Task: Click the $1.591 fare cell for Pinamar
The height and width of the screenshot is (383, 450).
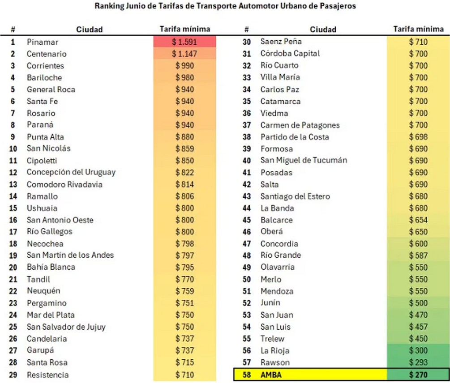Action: [184, 42]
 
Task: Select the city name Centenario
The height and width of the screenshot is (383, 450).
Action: [47, 54]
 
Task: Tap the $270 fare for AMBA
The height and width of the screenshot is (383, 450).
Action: [418, 374]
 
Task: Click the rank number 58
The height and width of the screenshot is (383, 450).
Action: [246, 374]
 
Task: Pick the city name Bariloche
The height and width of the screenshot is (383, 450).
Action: [44, 78]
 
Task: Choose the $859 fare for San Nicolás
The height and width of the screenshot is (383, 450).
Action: [184, 149]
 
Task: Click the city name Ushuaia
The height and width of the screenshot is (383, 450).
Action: [42, 208]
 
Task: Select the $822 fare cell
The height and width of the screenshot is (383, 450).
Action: [184, 172]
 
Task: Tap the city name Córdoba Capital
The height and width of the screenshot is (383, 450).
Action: [290, 53]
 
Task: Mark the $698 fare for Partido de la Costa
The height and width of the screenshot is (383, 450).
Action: [418, 137]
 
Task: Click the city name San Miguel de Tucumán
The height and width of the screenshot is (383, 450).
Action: [304, 160]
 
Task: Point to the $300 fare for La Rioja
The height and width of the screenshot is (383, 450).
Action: [418, 350]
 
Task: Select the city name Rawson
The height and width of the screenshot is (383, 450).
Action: [275, 362]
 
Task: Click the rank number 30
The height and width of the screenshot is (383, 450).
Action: [246, 42]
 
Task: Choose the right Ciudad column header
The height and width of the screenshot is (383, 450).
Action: [323, 30]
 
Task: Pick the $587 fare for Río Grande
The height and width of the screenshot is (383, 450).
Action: [418, 255]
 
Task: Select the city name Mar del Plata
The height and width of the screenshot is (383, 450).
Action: [51, 315]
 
